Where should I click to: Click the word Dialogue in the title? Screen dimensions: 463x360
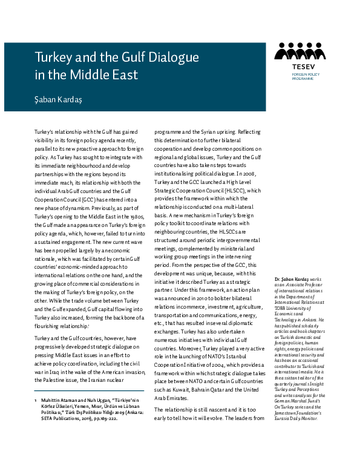171,58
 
